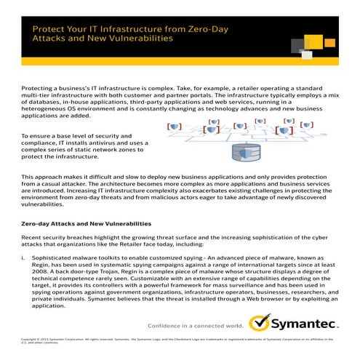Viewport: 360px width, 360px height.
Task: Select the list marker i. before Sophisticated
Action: coord(23,257)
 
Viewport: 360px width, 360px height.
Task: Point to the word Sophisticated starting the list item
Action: coord(55,257)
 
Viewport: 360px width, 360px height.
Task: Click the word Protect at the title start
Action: coord(47,30)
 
